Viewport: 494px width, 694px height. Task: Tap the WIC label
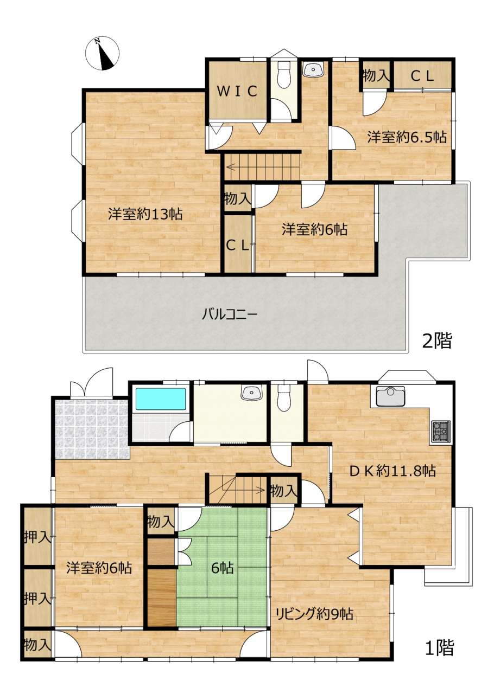tap(237, 91)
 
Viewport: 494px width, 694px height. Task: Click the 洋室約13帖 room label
tap(145, 214)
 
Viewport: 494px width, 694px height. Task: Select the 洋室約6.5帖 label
tap(407, 137)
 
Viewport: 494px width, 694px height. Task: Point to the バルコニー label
tap(230, 315)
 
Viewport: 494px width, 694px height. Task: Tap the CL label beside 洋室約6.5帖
tap(422, 76)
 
